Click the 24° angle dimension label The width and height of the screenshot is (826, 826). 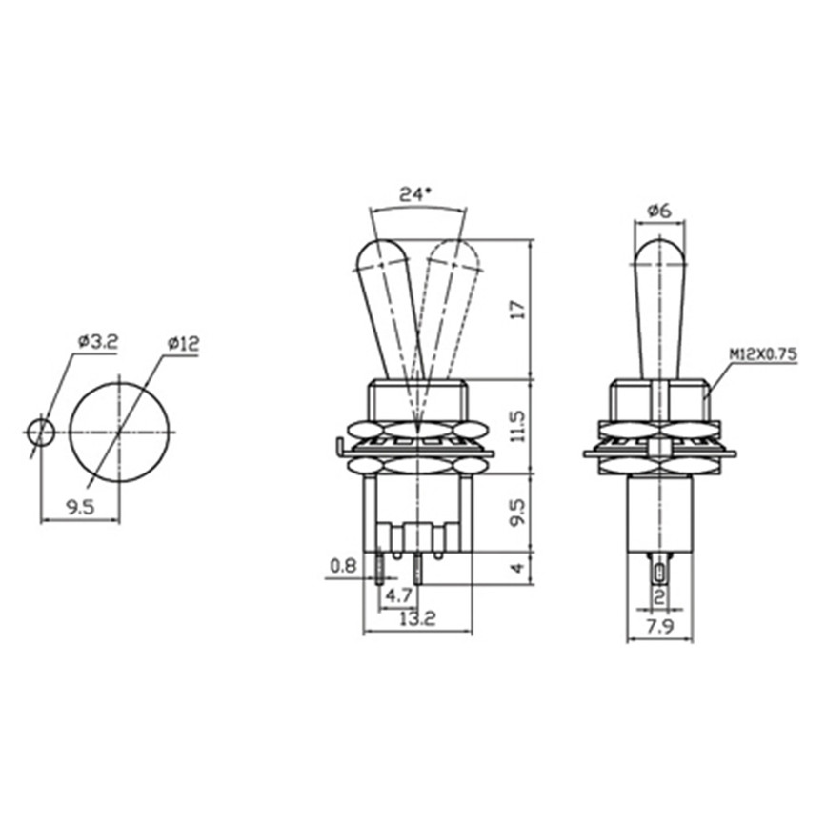click(414, 194)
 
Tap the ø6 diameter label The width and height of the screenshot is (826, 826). click(659, 210)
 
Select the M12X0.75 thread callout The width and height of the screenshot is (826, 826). click(762, 354)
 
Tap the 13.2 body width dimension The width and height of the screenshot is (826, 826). click(416, 619)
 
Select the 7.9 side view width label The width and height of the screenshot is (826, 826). click(659, 626)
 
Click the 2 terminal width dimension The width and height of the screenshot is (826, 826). click(659, 597)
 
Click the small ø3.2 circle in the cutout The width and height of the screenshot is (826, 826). click(41, 433)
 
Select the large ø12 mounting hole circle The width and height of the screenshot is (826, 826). click(119, 433)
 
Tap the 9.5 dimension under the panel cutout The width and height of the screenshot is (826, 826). click(80, 509)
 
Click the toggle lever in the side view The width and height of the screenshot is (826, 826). click(659, 305)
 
